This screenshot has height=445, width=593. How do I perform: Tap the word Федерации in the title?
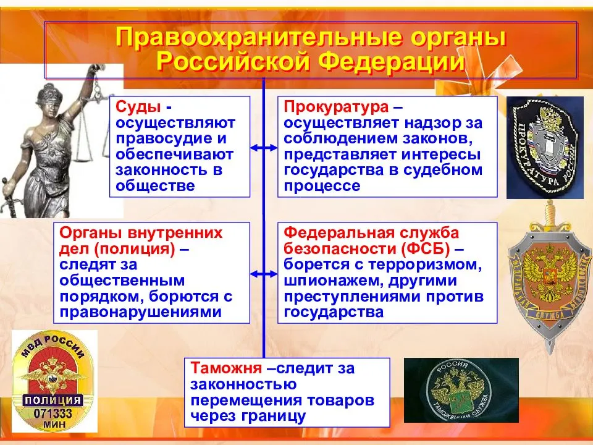point(392,61)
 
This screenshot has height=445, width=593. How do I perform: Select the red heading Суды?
point(138,107)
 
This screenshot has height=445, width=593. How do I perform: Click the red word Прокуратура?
point(336,107)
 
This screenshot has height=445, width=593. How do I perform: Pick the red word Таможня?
point(226,368)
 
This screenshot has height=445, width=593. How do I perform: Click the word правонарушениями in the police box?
point(141,312)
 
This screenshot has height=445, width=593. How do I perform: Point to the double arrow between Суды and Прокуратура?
point(264,148)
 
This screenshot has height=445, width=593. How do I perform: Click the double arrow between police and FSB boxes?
point(264,274)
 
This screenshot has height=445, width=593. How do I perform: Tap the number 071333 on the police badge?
point(53,413)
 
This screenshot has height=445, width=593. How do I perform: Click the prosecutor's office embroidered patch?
point(545,148)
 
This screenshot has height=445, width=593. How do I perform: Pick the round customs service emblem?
point(459,391)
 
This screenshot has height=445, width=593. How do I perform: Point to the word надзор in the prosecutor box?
point(428,123)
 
